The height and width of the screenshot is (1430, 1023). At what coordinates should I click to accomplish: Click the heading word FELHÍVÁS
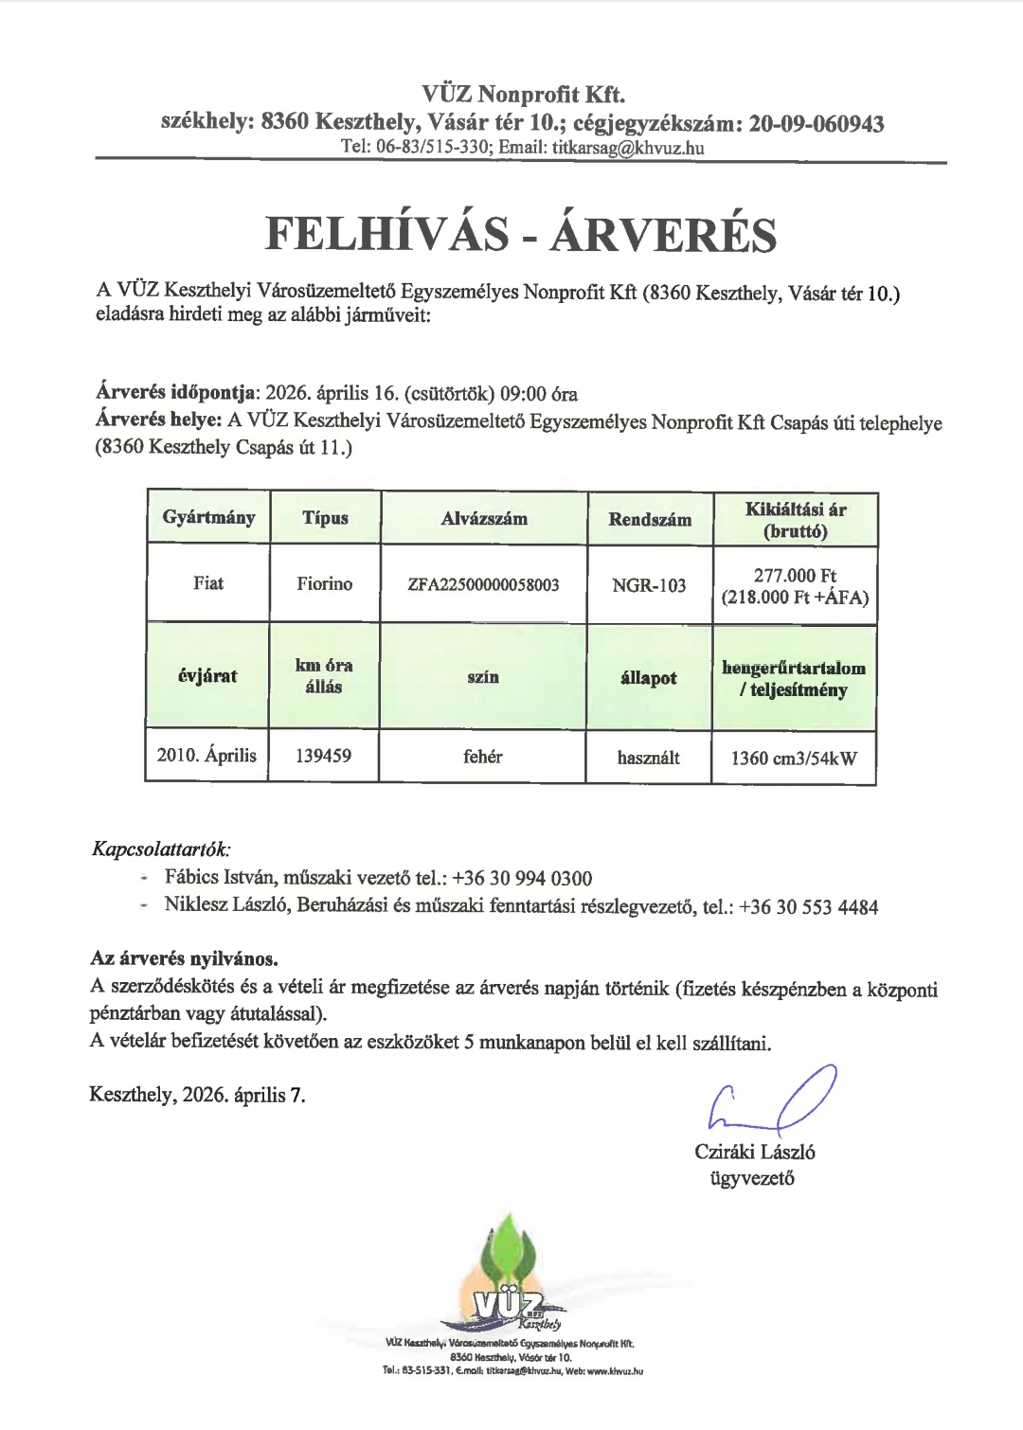click(x=386, y=234)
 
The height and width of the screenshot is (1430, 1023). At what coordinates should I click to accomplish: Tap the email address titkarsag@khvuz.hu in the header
click(x=628, y=148)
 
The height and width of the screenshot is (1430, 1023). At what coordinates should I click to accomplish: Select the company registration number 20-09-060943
click(x=817, y=123)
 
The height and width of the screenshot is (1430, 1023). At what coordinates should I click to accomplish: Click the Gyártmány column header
click(x=208, y=518)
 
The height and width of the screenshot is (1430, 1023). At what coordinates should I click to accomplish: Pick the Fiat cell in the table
click(x=208, y=583)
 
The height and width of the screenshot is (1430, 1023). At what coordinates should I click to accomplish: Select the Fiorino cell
click(x=324, y=583)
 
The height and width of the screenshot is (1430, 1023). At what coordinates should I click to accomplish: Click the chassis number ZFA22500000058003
click(x=483, y=584)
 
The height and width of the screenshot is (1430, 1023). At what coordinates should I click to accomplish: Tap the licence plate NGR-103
click(x=649, y=584)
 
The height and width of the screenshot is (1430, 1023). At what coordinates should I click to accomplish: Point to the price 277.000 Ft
click(x=795, y=575)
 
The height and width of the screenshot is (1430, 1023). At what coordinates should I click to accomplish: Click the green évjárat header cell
click(x=207, y=676)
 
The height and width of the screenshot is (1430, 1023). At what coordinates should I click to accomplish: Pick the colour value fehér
click(x=483, y=756)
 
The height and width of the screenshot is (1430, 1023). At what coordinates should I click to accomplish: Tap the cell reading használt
click(x=649, y=757)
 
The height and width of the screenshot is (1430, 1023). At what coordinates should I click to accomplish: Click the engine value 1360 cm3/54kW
click(x=794, y=758)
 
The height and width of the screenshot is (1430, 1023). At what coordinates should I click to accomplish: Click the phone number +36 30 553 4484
click(x=809, y=907)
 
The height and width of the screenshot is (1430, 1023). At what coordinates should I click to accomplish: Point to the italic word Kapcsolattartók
click(x=161, y=849)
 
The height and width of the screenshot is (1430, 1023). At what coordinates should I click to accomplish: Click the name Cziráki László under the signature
click(x=755, y=1153)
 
